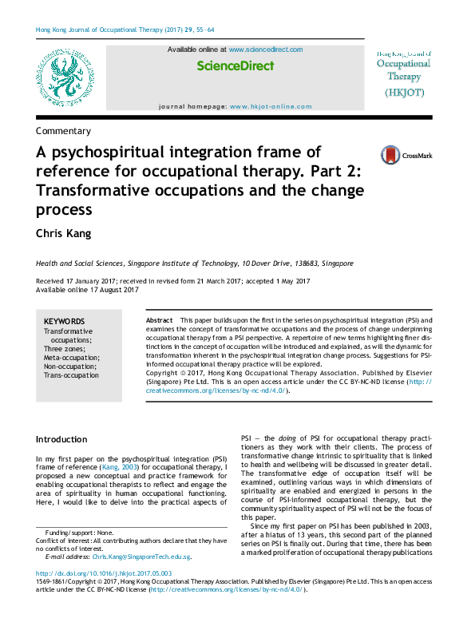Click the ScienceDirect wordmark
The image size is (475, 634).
[x=235, y=66]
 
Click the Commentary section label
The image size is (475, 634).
[x=63, y=131]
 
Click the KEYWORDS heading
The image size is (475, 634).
[x=64, y=321]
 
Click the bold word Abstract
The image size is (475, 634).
[x=159, y=320]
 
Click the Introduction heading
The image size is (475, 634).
[x=62, y=440]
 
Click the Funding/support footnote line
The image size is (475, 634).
[x=80, y=533]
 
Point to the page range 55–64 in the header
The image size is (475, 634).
[x=200, y=30]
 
